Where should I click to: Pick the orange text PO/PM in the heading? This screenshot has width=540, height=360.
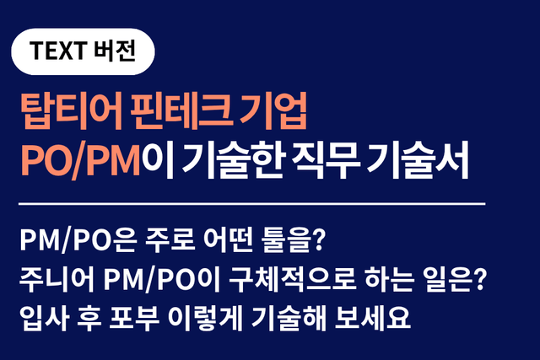click(80, 159)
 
